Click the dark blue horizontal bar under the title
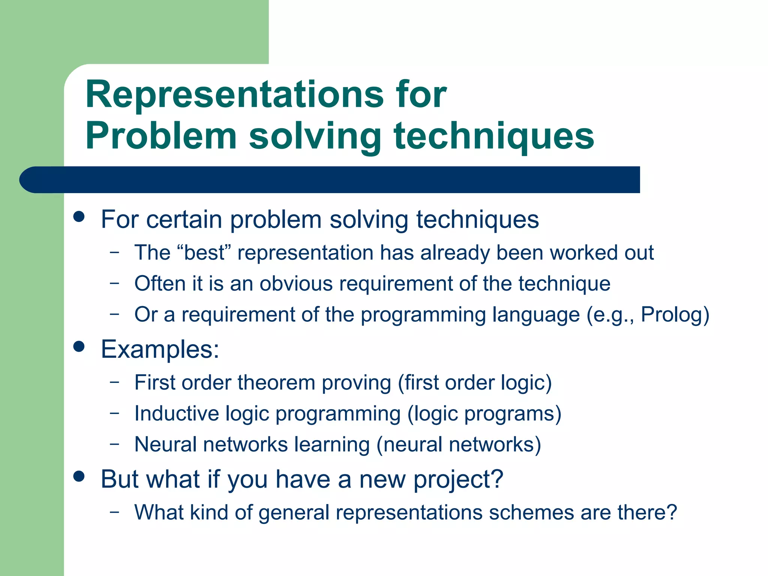click(x=330, y=180)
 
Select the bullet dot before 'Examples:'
click(x=79, y=346)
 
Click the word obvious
click(x=296, y=283)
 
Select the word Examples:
click(x=160, y=349)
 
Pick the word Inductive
click(x=177, y=414)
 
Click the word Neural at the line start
click(x=165, y=444)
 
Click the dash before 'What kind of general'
click(x=114, y=511)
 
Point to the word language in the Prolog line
click(x=536, y=315)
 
